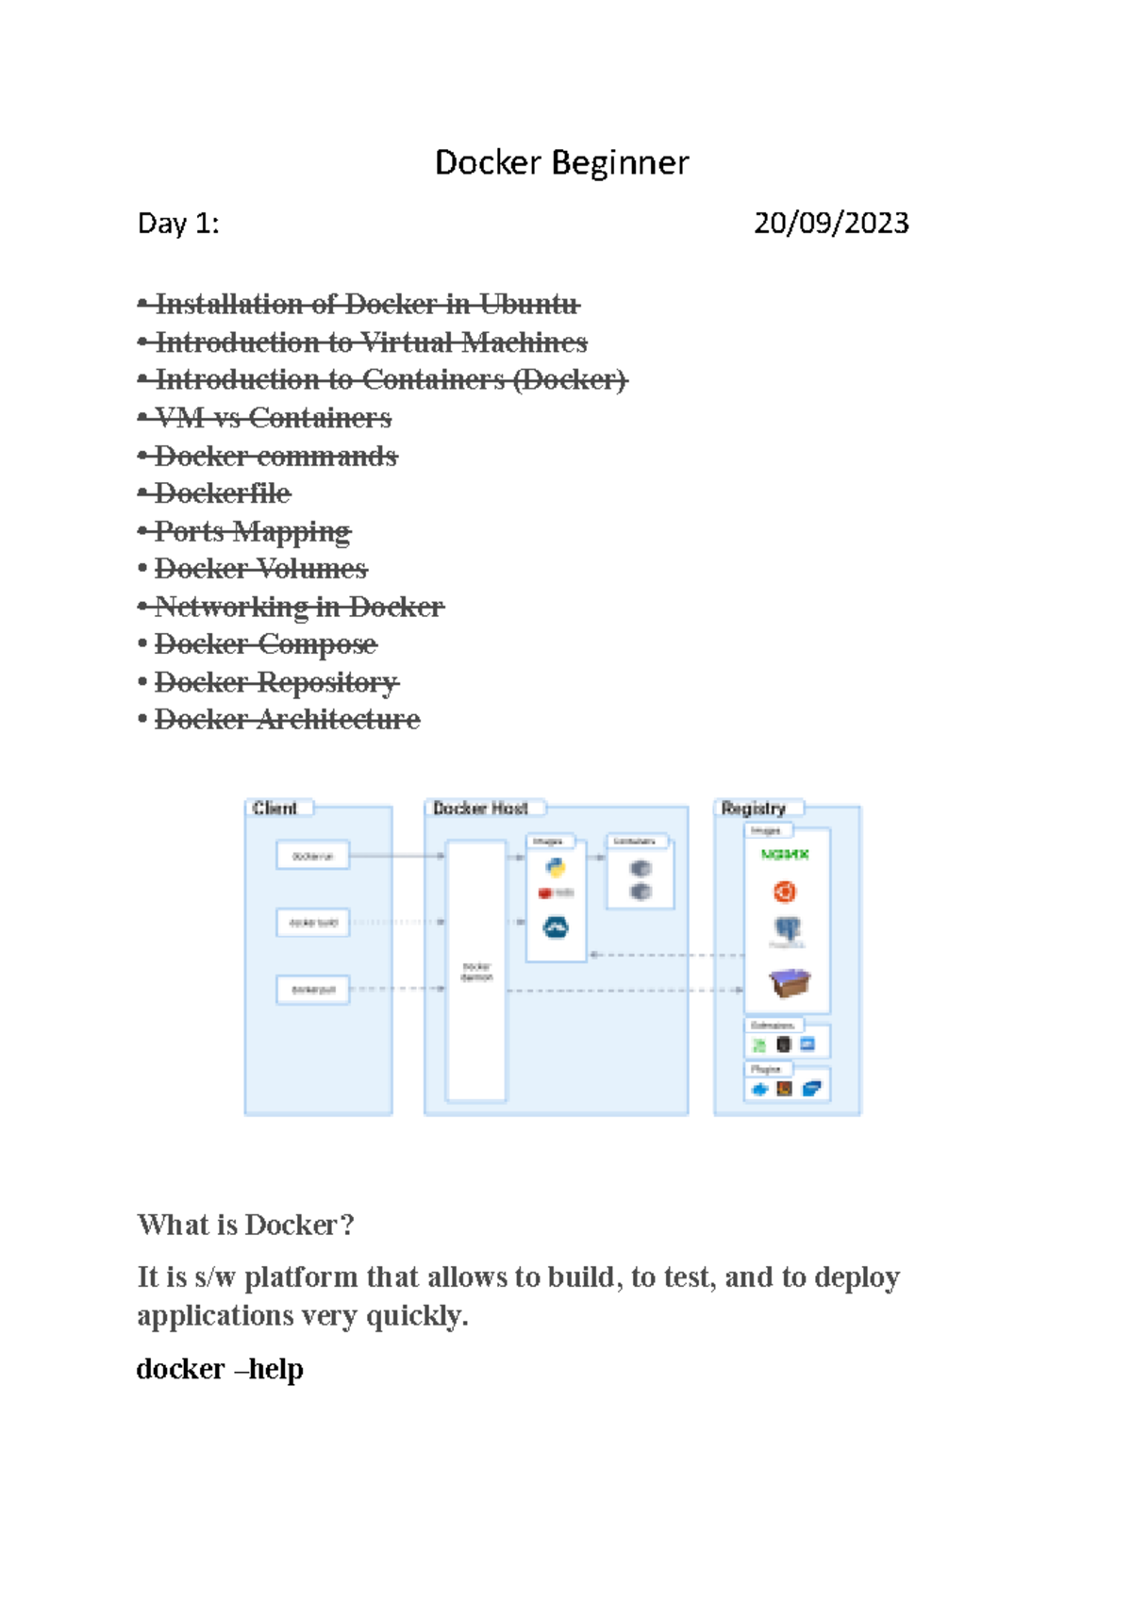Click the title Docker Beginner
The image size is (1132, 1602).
(x=561, y=163)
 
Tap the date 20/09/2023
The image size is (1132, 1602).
(x=831, y=223)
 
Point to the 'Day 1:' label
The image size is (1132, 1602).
(x=178, y=224)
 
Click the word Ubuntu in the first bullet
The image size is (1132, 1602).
(x=528, y=305)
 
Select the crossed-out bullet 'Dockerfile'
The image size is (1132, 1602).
(x=223, y=493)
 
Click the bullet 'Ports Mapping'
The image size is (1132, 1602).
(x=252, y=531)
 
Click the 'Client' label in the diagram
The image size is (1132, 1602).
(x=275, y=809)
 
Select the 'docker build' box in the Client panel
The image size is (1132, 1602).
(x=313, y=923)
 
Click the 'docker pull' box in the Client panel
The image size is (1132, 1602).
(x=313, y=990)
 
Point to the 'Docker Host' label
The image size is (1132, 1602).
(x=480, y=809)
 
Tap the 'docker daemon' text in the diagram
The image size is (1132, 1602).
(x=476, y=972)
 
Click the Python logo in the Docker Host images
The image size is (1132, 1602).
(x=556, y=868)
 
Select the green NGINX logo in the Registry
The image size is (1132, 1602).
(x=785, y=855)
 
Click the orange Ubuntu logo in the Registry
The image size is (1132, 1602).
(x=785, y=892)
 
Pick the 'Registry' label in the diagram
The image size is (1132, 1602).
(x=753, y=809)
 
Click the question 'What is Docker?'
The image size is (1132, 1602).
(x=245, y=1225)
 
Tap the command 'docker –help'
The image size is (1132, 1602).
(x=220, y=1369)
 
